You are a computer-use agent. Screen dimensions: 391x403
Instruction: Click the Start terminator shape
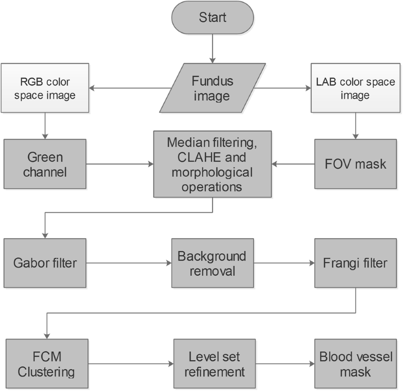click(x=213, y=17)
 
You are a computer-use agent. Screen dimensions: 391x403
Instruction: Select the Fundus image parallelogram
click(x=212, y=88)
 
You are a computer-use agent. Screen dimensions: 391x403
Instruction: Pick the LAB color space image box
click(x=354, y=88)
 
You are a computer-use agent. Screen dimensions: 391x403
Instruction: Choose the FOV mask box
click(x=355, y=164)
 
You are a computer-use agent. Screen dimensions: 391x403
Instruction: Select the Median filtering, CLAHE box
click(x=213, y=164)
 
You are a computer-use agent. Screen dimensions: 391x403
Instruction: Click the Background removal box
click(x=213, y=263)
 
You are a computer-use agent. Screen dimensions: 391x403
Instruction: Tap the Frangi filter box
click(x=355, y=263)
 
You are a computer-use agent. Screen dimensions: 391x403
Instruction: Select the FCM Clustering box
click(x=46, y=363)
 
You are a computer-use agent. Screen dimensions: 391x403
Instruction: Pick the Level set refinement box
click(x=214, y=363)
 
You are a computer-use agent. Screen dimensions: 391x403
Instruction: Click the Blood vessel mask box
click(x=355, y=363)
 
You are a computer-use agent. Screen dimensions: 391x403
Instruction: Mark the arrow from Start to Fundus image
click(x=212, y=48)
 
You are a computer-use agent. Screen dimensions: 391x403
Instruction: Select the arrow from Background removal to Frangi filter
click(x=284, y=263)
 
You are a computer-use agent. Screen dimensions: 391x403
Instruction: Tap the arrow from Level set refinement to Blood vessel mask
click(x=284, y=364)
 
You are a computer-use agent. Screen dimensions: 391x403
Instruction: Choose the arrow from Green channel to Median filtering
click(x=120, y=164)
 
